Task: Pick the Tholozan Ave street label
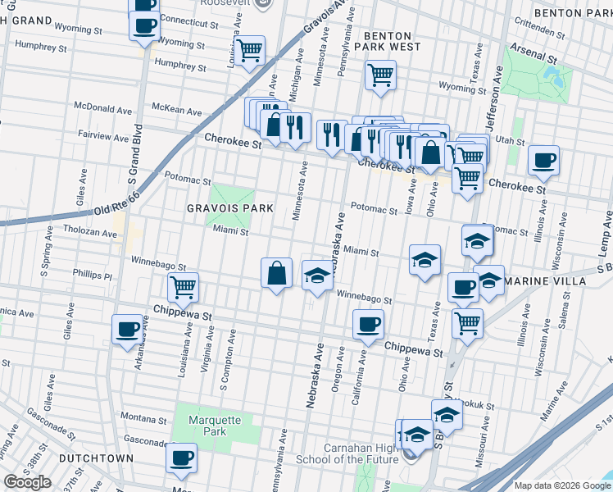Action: (x=90, y=233)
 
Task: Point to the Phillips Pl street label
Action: (x=92, y=253)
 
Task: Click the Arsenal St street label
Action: (x=532, y=60)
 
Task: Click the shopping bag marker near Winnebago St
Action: (x=278, y=272)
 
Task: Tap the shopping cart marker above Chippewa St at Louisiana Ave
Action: (x=183, y=288)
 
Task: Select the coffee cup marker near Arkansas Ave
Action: (x=128, y=330)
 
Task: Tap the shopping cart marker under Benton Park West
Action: (x=380, y=75)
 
